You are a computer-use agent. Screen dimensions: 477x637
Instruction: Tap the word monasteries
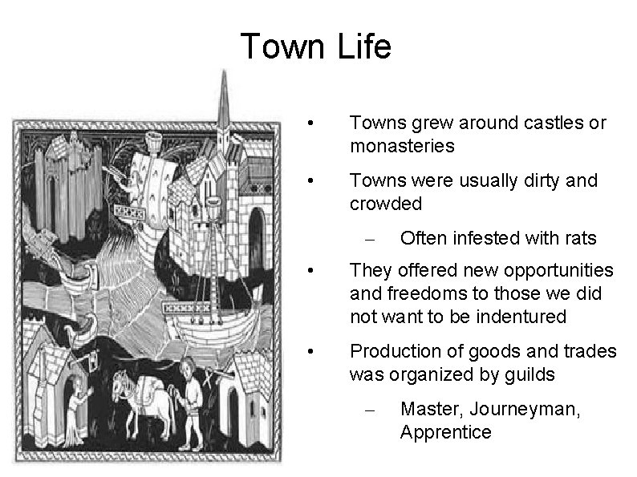[402, 146]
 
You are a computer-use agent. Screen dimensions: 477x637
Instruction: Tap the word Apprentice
[445, 431]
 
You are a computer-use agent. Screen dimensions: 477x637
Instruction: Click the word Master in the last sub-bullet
[429, 409]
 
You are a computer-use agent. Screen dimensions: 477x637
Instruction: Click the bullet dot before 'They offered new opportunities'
[319, 271]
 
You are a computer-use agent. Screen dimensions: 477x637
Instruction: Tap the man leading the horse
[191, 401]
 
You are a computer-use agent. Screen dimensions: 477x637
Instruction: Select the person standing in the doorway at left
[77, 409]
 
